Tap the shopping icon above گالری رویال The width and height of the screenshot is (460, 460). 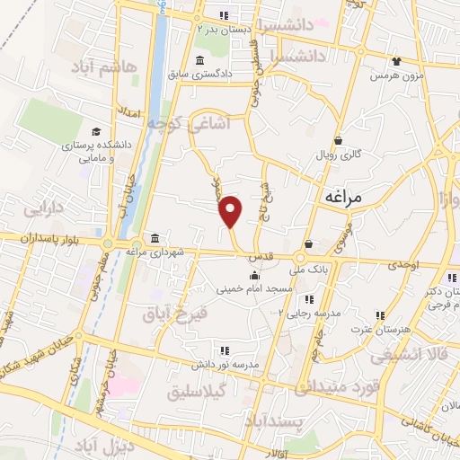point(338,140)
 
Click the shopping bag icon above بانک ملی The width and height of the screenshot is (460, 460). point(309,243)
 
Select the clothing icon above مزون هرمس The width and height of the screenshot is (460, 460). point(396,61)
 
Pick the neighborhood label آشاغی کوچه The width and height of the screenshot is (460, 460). point(196,125)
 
